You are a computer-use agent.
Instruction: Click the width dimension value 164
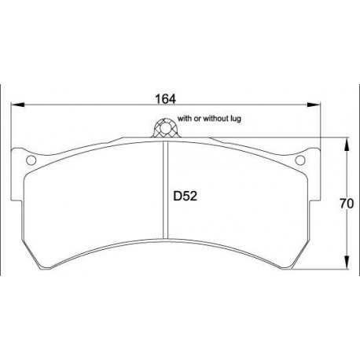click(165, 99)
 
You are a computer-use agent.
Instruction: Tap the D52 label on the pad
click(183, 199)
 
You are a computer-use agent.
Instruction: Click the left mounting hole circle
click(32, 160)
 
